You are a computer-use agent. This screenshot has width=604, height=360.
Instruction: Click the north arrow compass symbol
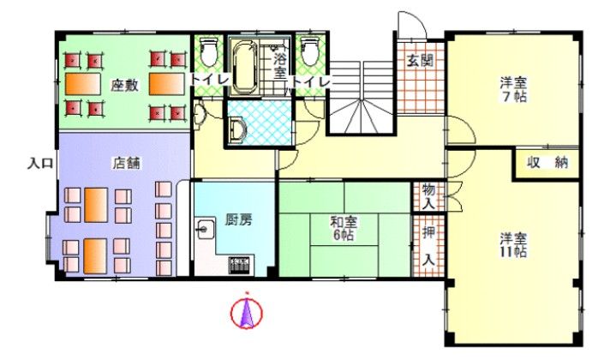point(247,311)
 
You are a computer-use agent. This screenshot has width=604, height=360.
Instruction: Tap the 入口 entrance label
point(39,164)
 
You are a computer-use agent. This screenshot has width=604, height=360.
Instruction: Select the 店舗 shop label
point(126,163)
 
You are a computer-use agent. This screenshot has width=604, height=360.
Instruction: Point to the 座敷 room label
point(124,85)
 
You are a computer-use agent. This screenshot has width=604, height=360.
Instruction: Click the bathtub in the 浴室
point(244,68)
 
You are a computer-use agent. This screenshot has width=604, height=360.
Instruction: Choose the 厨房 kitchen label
point(238,219)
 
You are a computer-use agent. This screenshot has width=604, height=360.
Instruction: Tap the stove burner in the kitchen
point(241,265)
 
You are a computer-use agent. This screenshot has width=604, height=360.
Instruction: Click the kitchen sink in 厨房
point(205,229)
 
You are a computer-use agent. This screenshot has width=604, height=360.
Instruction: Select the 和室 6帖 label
point(344,228)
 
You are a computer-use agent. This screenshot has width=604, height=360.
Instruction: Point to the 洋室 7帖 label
point(513,89)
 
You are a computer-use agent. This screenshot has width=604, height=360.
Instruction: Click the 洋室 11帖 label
point(513,245)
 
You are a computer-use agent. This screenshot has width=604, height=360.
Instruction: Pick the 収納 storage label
point(547,162)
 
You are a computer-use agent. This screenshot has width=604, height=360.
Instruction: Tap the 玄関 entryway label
point(420,60)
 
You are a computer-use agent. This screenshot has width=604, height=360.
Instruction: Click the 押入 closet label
point(428,245)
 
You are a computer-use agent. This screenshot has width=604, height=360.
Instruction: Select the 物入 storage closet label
point(428,196)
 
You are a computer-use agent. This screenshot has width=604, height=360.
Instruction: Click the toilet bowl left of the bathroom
point(209,51)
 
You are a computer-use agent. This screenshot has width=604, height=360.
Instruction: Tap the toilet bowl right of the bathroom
point(310,51)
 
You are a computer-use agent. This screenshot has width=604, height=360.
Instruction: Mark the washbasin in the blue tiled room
point(237,129)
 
